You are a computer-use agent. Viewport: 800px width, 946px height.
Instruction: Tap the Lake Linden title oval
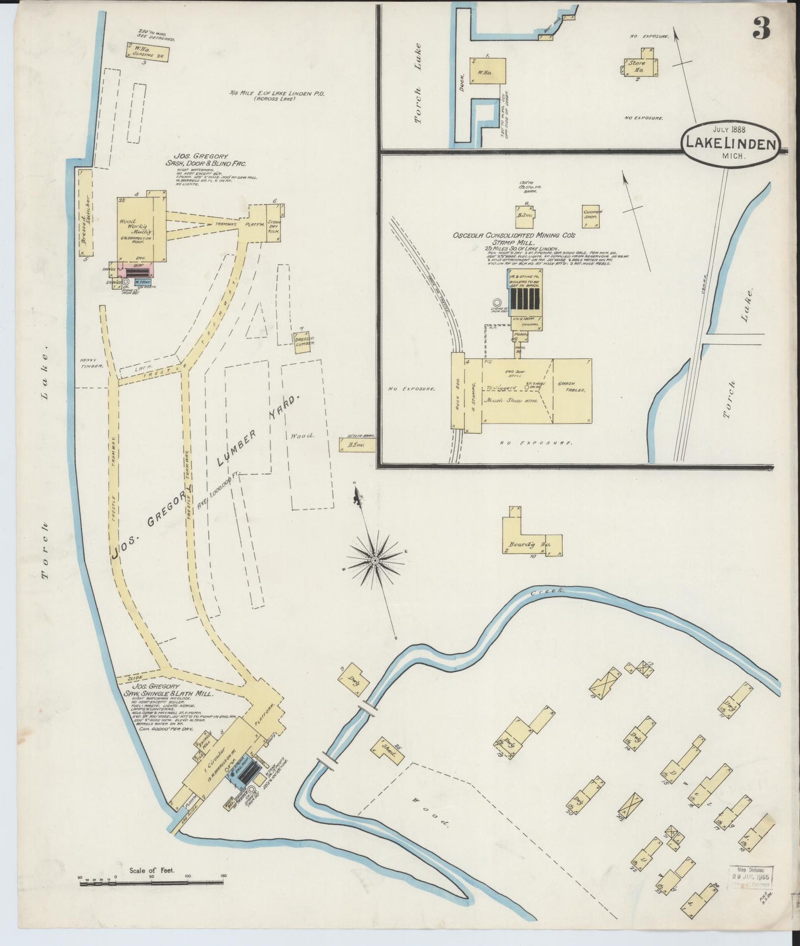[730, 143]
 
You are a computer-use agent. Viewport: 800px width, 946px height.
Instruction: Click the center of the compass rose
[375, 561]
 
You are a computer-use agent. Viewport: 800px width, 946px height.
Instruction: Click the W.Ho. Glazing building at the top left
[147, 53]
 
